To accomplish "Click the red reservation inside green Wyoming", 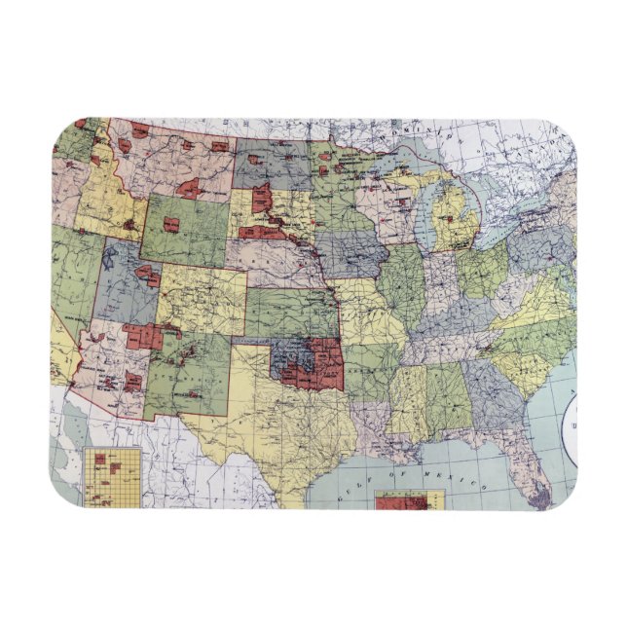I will click(x=171, y=224).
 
